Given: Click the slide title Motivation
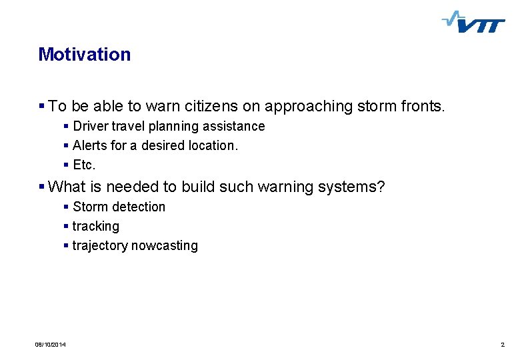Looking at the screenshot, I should tap(85, 55).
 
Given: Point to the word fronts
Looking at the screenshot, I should tap(421, 106).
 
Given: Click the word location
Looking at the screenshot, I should tap(213, 145).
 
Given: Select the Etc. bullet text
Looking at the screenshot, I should tap(85, 165).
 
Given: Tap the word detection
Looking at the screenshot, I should tap(139, 207).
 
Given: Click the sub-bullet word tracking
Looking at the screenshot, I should tap(96, 226).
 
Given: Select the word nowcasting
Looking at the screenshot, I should tap(165, 245).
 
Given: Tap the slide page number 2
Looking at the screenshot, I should tap(502, 345).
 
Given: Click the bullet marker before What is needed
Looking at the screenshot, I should tap(42, 187).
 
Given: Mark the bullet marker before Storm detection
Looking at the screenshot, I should tap(66, 207).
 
